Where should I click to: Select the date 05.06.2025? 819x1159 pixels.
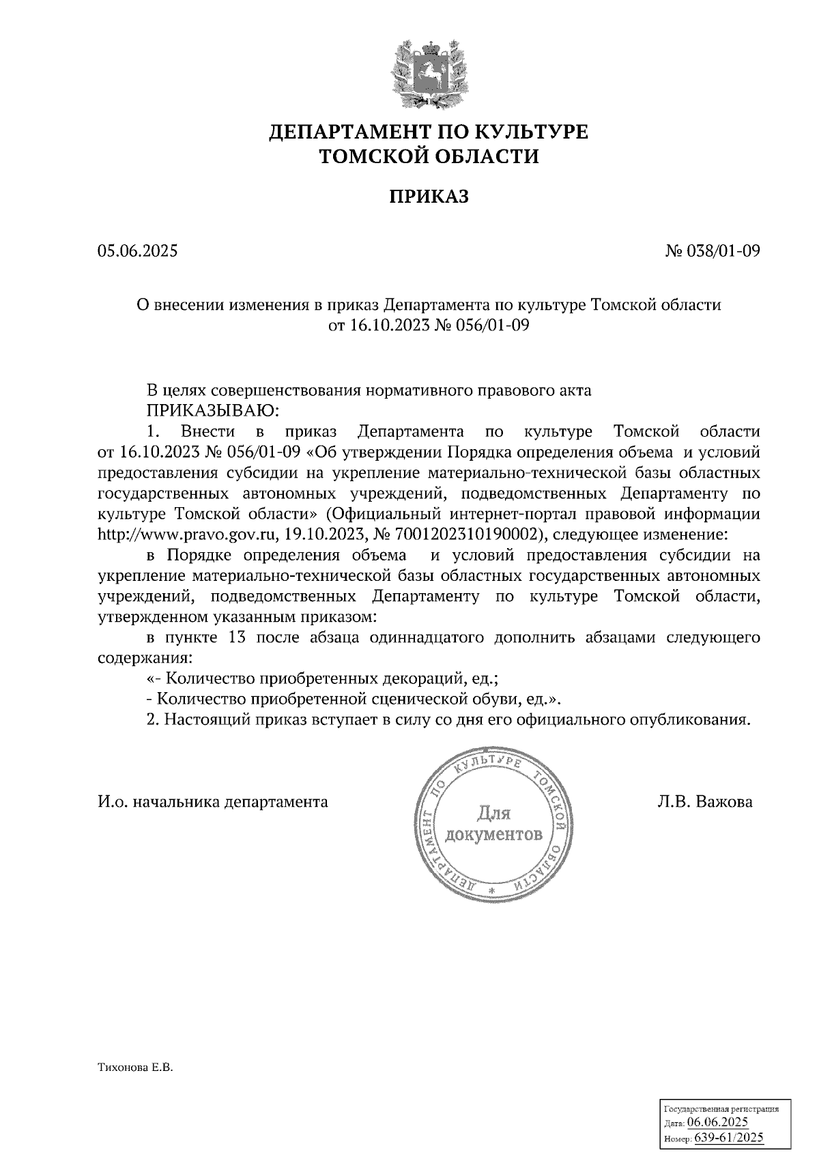pyautogui.click(x=137, y=251)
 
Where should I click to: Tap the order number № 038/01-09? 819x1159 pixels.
pyautogui.click(x=713, y=251)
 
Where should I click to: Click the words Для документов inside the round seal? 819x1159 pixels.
pyautogui.click(x=493, y=824)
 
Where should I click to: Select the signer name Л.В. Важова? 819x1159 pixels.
pyautogui.click(x=705, y=802)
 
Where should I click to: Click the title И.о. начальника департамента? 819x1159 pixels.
pyautogui.click(x=212, y=802)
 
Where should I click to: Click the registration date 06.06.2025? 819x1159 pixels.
pyautogui.click(x=717, y=1122)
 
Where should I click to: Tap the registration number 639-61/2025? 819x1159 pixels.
pyautogui.click(x=729, y=1138)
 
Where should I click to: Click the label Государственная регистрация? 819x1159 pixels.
pyautogui.click(x=721, y=1109)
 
